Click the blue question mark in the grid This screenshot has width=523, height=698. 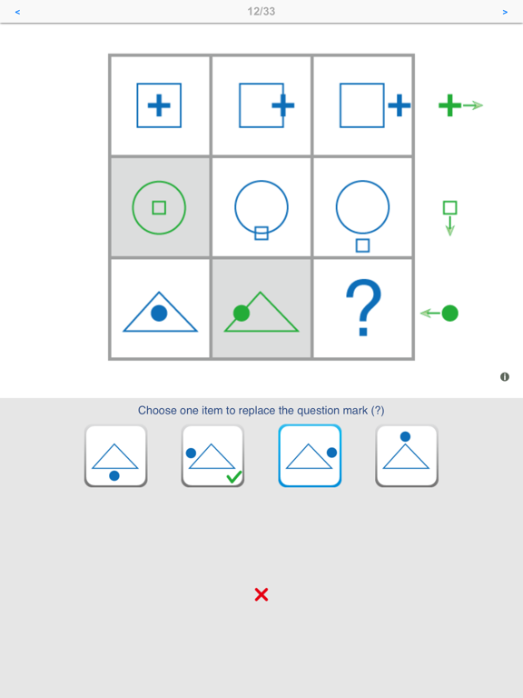pyautogui.click(x=363, y=308)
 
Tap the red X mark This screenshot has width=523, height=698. pyautogui.click(x=261, y=594)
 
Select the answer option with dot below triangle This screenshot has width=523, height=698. pyautogui.click(x=115, y=455)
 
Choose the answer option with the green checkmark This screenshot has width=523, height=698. pyautogui.click(x=212, y=455)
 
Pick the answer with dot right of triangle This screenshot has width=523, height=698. pyautogui.click(x=310, y=455)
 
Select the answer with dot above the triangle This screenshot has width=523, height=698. pyautogui.click(x=407, y=455)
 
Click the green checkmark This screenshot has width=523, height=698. pyautogui.click(x=233, y=476)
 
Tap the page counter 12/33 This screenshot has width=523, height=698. pyautogui.click(x=261, y=12)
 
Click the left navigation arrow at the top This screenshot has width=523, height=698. pyautogui.click(x=17, y=13)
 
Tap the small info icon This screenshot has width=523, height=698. pyautogui.click(x=505, y=376)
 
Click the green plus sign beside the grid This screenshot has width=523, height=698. pyautogui.click(x=449, y=105)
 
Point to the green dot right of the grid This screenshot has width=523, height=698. pyautogui.click(x=449, y=314)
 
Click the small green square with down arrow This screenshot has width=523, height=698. pyautogui.click(x=449, y=208)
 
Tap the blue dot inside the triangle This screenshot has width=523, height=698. pyautogui.click(x=159, y=314)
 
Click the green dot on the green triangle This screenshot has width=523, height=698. pyautogui.click(x=242, y=314)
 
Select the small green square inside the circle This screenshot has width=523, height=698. pyautogui.click(x=159, y=208)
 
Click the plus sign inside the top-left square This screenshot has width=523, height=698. pyautogui.click(x=159, y=105)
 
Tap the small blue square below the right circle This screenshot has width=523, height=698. pyautogui.click(x=362, y=245)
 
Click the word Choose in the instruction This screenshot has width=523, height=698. pyautogui.click(x=157, y=411)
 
